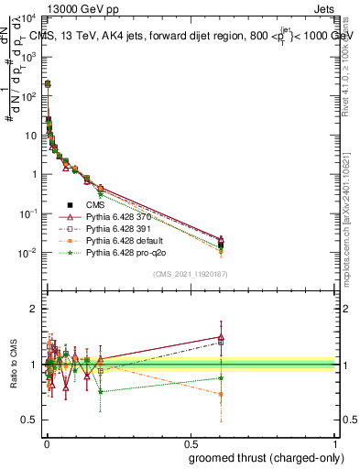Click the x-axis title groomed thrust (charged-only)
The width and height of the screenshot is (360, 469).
[272, 455]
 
